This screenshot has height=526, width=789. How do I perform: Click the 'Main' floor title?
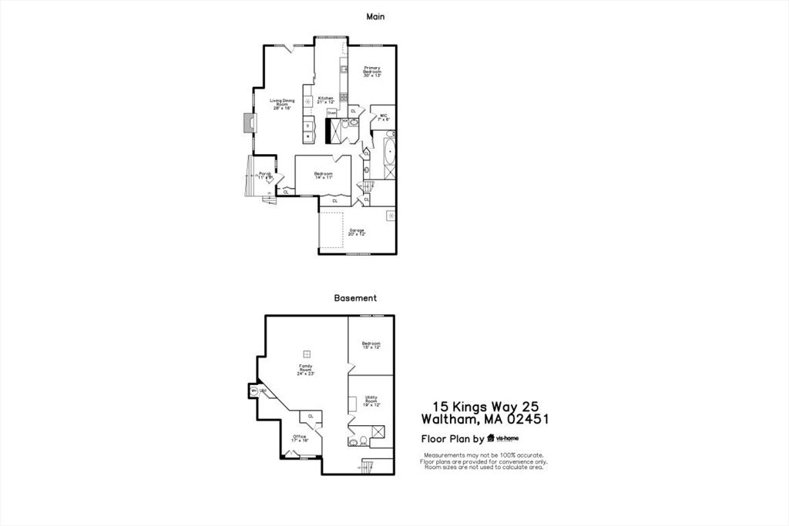click(x=374, y=15)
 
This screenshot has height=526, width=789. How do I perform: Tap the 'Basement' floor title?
click(x=354, y=297)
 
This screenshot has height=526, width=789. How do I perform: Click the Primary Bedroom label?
click(x=373, y=72)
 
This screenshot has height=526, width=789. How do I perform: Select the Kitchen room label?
click(x=325, y=100)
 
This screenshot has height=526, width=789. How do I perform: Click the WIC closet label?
click(x=384, y=118)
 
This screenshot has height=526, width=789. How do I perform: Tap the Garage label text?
click(x=356, y=232)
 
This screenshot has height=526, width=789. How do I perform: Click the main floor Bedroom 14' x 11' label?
click(x=323, y=176)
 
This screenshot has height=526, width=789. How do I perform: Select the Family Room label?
click(x=305, y=370)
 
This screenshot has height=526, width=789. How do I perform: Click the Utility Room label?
click(x=371, y=400)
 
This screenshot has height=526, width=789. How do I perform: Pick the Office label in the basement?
click(x=300, y=438)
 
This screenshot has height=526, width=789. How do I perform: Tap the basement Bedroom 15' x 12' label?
click(x=371, y=345)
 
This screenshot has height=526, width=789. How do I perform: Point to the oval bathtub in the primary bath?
click(x=389, y=158)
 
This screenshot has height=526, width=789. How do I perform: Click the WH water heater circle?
click(x=253, y=391)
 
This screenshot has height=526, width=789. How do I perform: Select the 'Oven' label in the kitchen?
click(x=331, y=112)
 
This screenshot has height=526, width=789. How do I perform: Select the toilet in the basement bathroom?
click(x=354, y=443)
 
